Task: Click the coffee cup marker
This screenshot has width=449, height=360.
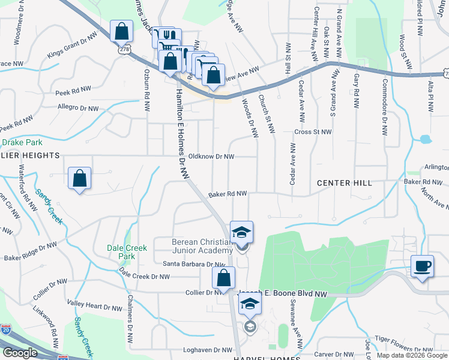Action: pyautogui.click(x=421, y=266)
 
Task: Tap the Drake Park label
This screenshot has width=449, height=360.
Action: pyautogui.click(x=22, y=143)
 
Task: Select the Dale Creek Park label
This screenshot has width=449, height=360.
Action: pyautogui.click(x=127, y=251)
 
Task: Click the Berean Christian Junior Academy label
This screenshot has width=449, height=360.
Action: pyautogui.click(x=202, y=246)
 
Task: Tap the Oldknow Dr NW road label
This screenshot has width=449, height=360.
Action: pyautogui.click(x=211, y=156)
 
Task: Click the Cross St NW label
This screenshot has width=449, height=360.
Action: pyautogui.click(x=313, y=131)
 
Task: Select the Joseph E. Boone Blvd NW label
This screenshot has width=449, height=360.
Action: pyautogui.click(x=282, y=294)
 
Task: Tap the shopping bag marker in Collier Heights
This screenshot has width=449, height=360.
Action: pyautogui.click(x=79, y=178)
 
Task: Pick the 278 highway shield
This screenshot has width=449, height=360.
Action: pyautogui.click(x=124, y=51)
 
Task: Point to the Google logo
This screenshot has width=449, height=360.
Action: pyautogui.click(x=20, y=353)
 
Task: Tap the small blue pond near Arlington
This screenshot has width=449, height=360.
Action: pyautogui.click(x=426, y=140)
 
